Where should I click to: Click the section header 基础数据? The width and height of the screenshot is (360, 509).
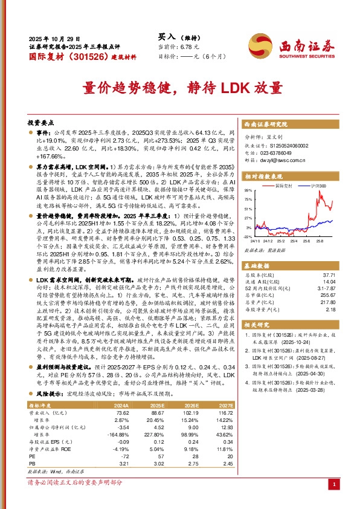258,265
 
